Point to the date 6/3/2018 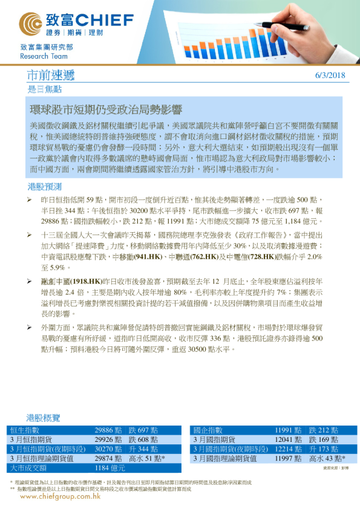pos(330,76)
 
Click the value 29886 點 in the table pos(108,429)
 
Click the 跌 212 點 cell pos(322,429)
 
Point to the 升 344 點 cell pos(143,449)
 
